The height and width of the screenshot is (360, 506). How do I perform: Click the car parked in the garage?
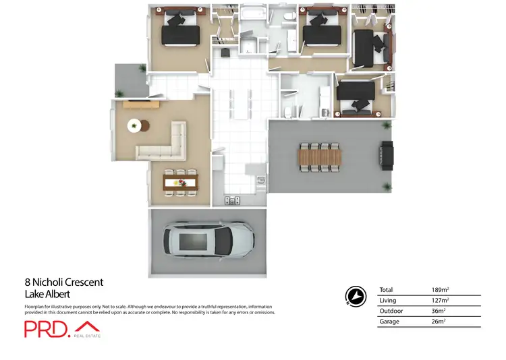(x=208, y=240)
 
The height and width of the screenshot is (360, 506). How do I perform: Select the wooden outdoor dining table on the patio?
(x=320, y=157)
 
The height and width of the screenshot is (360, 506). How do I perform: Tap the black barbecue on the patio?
(x=387, y=154)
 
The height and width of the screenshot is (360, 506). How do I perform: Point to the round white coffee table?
(x=135, y=125)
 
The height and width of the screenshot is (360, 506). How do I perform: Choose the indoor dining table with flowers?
(x=181, y=182)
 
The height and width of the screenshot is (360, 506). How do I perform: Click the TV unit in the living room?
(x=141, y=104)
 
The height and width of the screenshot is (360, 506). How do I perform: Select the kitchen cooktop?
(x=231, y=200)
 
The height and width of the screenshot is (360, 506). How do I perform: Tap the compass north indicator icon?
(x=355, y=295)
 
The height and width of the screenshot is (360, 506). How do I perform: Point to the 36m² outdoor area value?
(x=439, y=311)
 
